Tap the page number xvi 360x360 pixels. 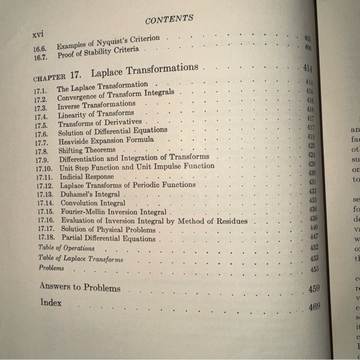click(x=40, y=35)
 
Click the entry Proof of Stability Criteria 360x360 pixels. click(x=98, y=51)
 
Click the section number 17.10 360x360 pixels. click(x=42, y=168)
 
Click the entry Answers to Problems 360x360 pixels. click(x=79, y=287)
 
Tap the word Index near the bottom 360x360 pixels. click(x=51, y=302)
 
